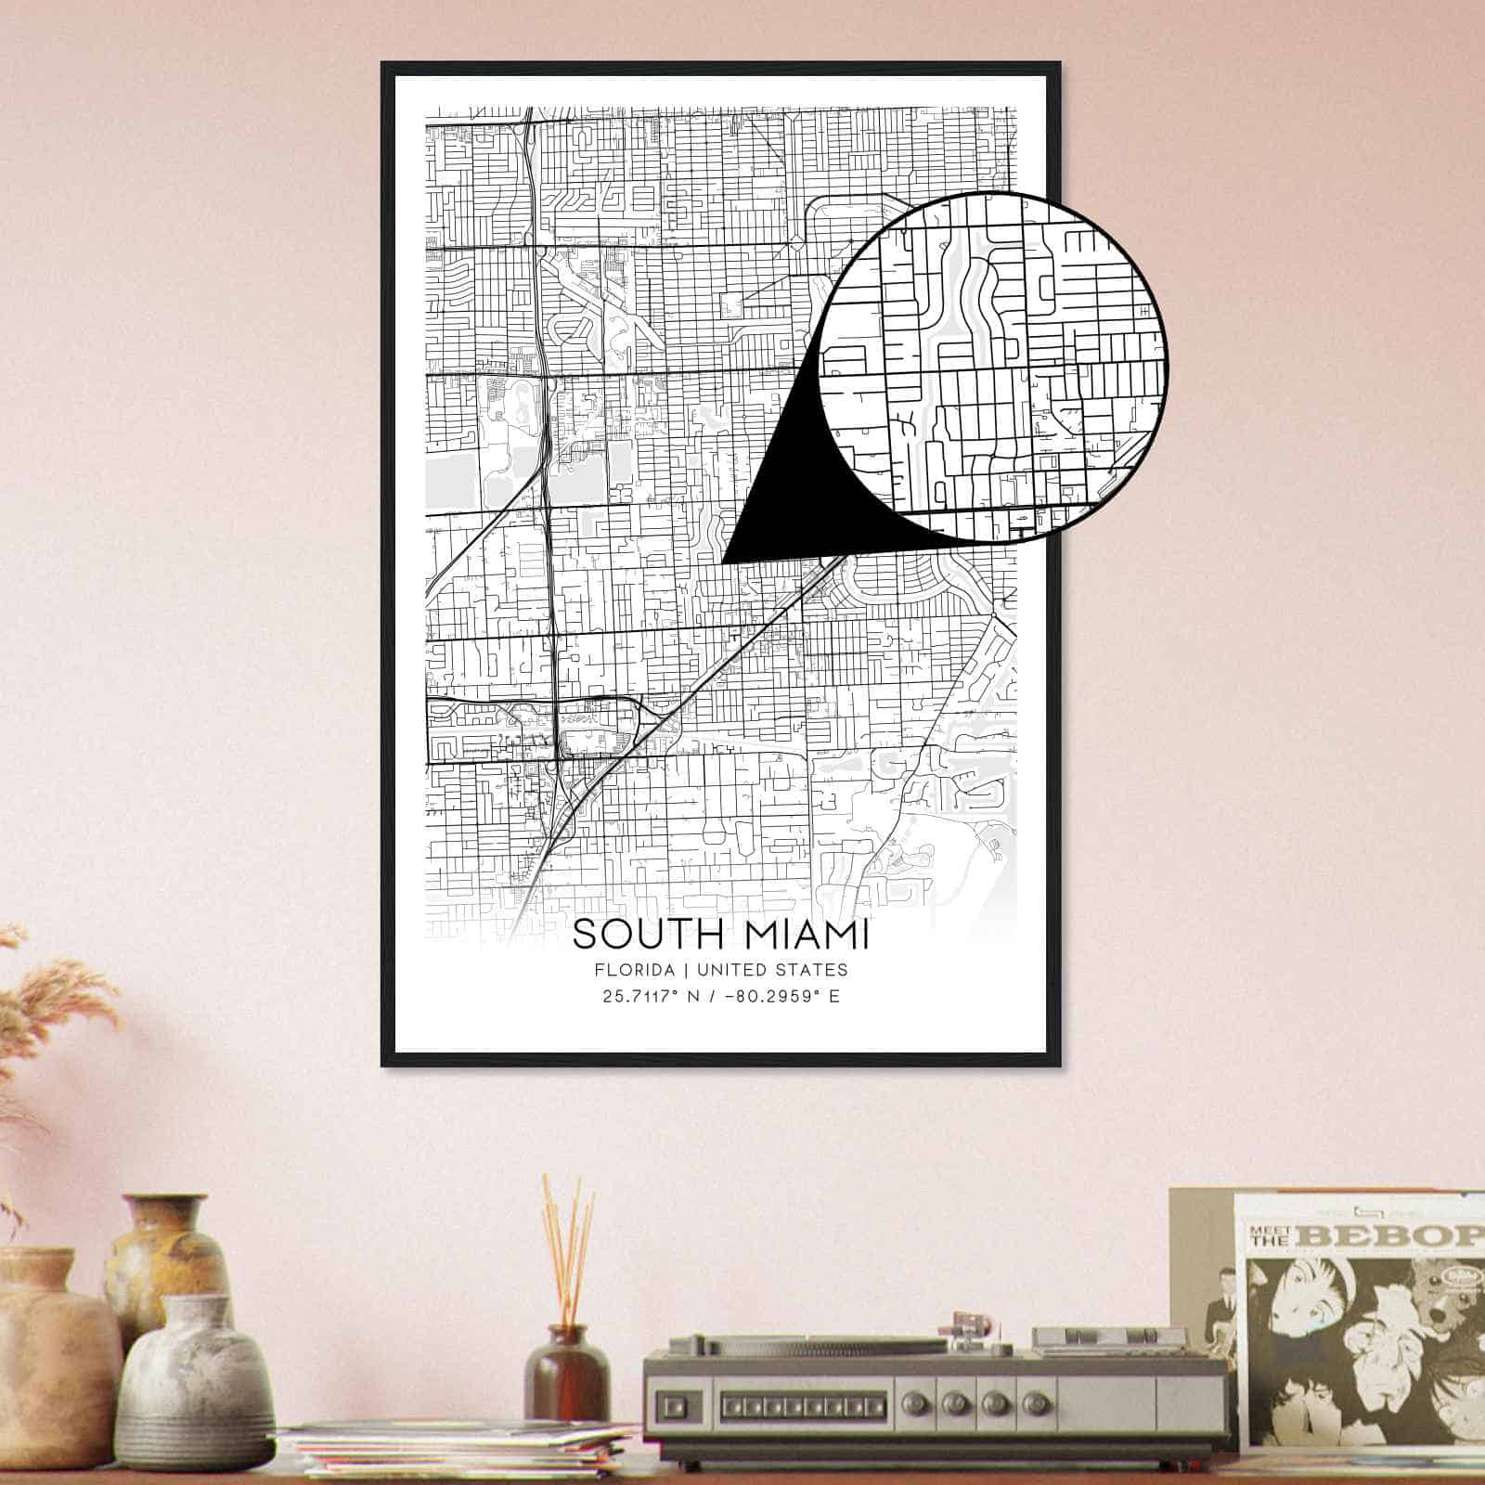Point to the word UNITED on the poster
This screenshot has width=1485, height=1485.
point(731,970)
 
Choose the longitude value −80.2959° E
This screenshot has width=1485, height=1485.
point(781,998)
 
